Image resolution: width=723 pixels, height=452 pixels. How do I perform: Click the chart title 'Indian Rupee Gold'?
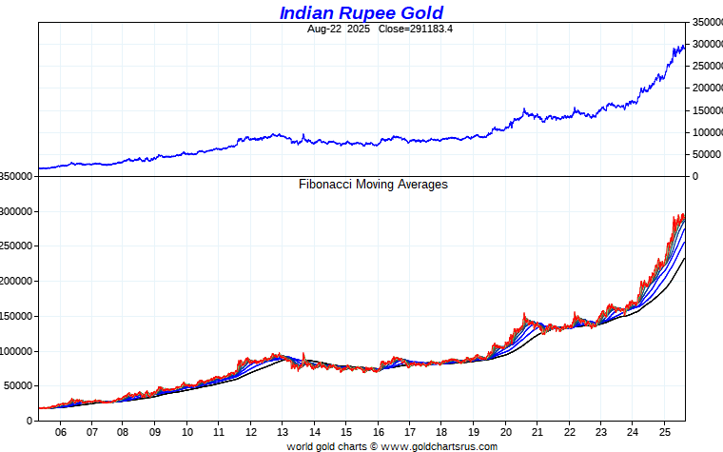click(361, 12)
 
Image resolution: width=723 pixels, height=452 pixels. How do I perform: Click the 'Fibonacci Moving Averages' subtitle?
click(373, 185)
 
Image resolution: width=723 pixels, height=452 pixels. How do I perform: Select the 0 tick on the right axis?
click(694, 176)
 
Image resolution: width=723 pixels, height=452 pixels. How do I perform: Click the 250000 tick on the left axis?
click(19, 246)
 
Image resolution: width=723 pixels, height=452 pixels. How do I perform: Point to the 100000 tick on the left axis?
click(19, 351)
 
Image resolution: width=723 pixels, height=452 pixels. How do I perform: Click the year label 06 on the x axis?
click(60, 431)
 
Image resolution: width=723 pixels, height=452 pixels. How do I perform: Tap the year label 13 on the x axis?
click(283, 431)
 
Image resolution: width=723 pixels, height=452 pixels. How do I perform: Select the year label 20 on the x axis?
click(505, 431)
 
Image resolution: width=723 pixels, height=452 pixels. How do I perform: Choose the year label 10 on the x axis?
click(186, 431)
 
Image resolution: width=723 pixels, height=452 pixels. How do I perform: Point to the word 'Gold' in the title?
click(420, 12)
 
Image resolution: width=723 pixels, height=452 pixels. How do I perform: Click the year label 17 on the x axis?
click(410, 431)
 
